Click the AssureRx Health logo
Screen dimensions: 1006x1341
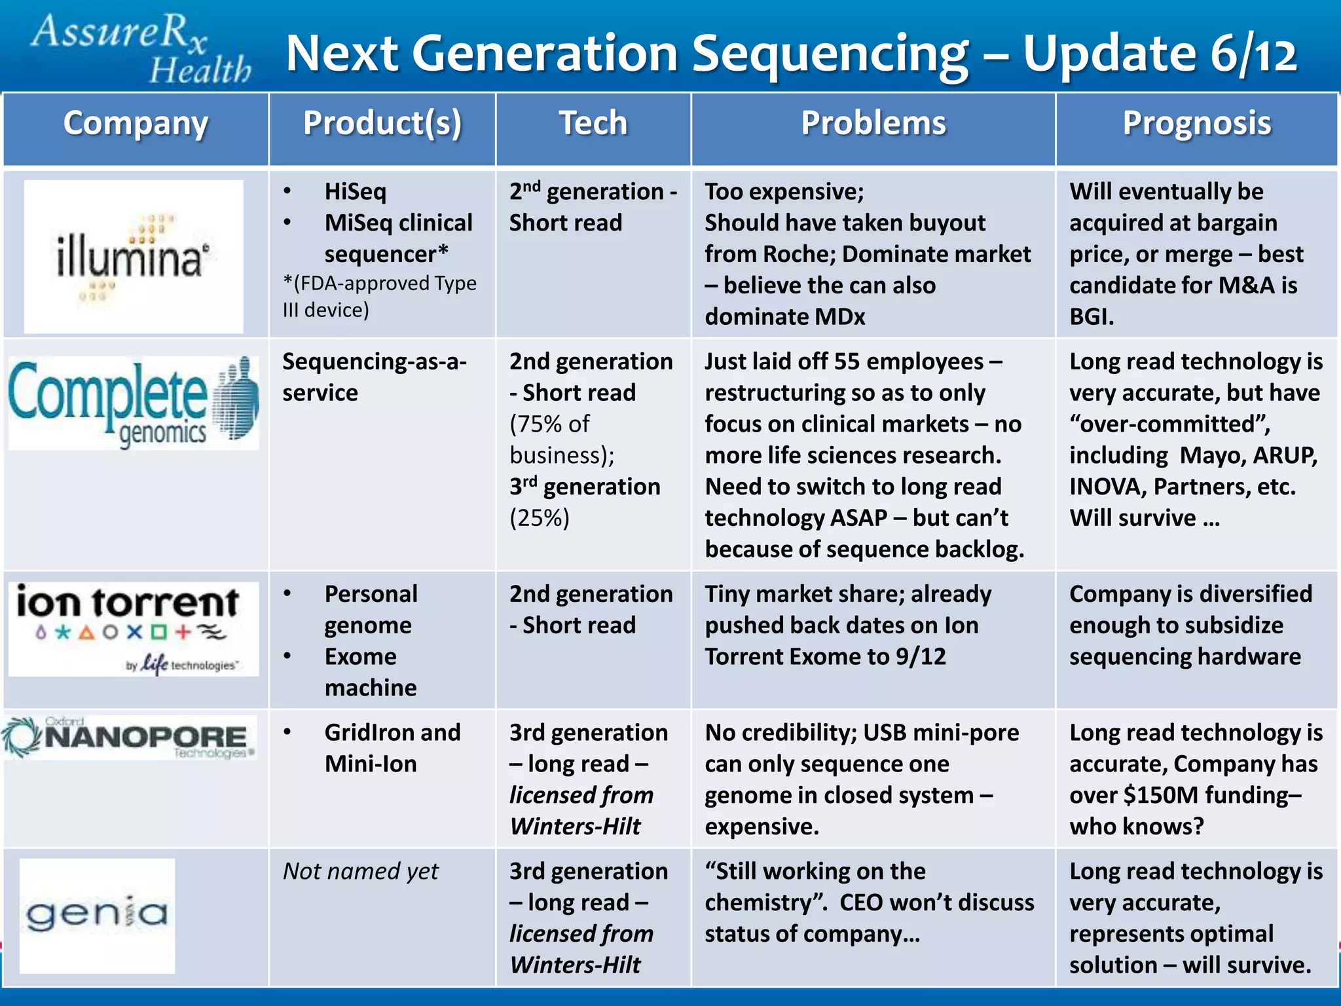(x=141, y=49)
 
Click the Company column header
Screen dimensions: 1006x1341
(x=136, y=123)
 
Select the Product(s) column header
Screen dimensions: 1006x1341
(x=382, y=123)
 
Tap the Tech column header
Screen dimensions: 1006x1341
(x=593, y=123)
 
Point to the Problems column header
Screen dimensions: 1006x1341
(x=873, y=123)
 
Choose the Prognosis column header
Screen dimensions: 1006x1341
(x=1197, y=123)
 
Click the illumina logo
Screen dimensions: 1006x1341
(x=134, y=257)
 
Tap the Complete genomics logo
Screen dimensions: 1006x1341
(x=134, y=403)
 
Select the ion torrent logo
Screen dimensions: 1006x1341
(x=134, y=629)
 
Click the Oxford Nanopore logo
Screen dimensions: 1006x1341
(x=130, y=737)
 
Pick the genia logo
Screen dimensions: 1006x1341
(x=97, y=916)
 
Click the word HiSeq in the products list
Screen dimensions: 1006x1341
(x=356, y=192)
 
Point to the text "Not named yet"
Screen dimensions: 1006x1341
(x=361, y=871)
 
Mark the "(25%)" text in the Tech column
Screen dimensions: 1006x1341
(x=540, y=518)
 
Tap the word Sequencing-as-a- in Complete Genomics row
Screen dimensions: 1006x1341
(x=375, y=362)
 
